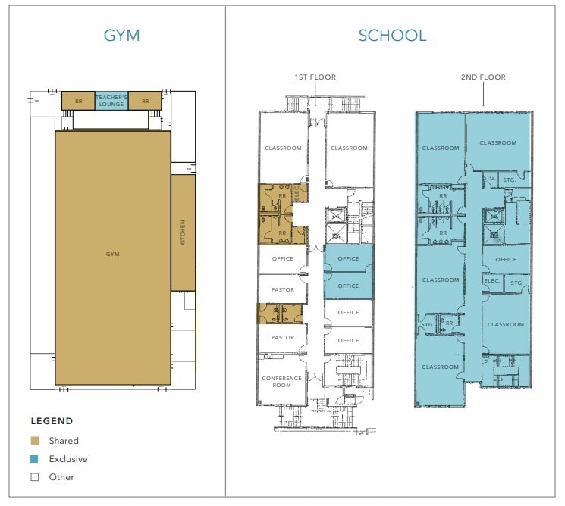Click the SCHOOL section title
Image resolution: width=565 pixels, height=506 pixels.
coord(392,35)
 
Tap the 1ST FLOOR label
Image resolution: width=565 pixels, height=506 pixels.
coord(315,77)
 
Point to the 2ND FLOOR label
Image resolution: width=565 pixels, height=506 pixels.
coord(484,77)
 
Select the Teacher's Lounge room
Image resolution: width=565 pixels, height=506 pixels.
coord(111,101)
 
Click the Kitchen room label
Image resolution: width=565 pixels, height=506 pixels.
coord(183,233)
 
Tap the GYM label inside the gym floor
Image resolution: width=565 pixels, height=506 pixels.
coord(112,255)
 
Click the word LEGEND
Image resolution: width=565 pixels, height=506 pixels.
coord(52,421)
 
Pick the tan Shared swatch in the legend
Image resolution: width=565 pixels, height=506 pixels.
coord(35,440)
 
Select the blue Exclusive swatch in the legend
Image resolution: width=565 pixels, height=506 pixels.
coord(35,459)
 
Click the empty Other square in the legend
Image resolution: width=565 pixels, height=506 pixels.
coord(35,477)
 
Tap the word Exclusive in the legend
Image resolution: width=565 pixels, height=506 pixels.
coord(67,459)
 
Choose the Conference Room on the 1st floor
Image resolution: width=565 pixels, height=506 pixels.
coord(281,381)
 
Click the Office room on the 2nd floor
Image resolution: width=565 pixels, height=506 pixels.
coord(506,259)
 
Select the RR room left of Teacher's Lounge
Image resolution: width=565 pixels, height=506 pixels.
coord(78,101)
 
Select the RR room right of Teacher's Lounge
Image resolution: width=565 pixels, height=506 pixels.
coord(145,101)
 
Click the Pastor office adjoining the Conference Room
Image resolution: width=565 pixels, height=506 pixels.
coord(282,338)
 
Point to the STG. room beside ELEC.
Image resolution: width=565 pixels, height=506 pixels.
coord(516,283)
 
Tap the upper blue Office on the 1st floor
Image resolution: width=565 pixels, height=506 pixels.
coord(348,259)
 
